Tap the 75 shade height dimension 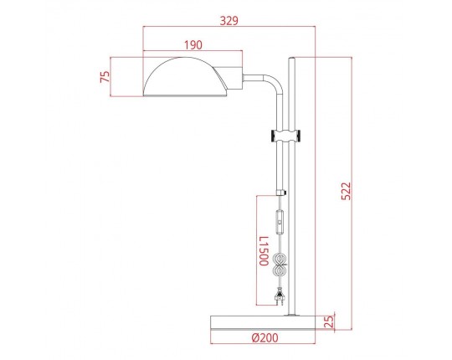tap(105, 77)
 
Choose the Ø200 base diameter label tap(265, 338)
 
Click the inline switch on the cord tap(280, 223)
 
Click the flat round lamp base tap(264, 321)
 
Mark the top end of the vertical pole tap(291, 59)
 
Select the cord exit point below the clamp tap(280, 192)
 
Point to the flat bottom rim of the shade tap(186, 95)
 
